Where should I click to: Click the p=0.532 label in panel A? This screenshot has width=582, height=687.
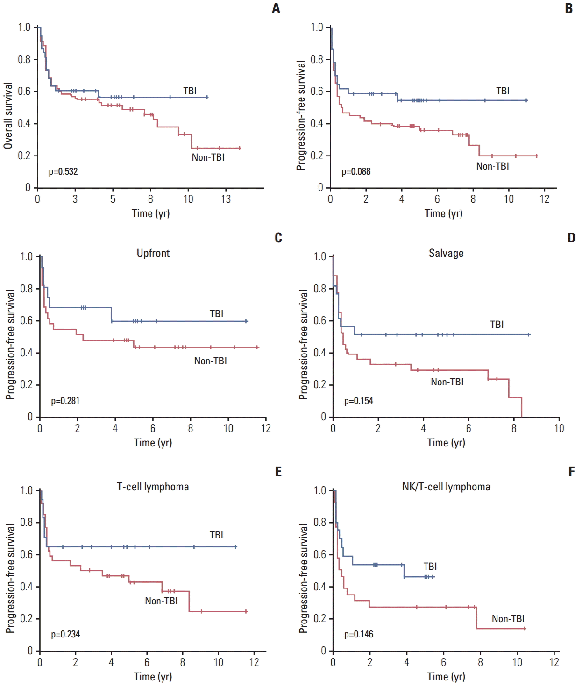pyautogui.click(x=63, y=171)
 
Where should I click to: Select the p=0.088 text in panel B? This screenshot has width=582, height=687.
pyautogui.click(x=356, y=171)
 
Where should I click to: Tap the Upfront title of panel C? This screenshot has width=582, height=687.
pyautogui.click(x=153, y=253)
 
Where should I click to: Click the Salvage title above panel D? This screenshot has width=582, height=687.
pyautogui.click(x=446, y=253)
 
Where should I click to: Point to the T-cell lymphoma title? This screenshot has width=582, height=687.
pyautogui.click(x=153, y=487)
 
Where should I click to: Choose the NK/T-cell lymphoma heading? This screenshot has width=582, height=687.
pyautogui.click(x=446, y=487)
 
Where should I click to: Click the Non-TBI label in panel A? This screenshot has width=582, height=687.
pyautogui.click(x=208, y=157)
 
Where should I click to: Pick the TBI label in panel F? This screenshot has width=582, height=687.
pyautogui.click(x=430, y=566)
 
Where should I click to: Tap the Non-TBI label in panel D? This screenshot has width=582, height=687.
pyautogui.click(x=447, y=382)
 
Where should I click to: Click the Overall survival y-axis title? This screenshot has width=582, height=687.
pyautogui.click(x=8, y=115)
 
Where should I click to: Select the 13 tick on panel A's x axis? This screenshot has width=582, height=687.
pyautogui.click(x=226, y=199)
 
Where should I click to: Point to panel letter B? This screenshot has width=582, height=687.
pyautogui.click(x=568, y=8)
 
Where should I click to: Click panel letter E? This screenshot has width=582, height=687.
pyautogui.click(x=278, y=472)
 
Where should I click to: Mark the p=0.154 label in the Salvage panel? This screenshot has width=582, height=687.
pyautogui.click(x=358, y=401)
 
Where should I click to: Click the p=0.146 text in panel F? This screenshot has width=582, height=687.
pyautogui.click(x=358, y=634)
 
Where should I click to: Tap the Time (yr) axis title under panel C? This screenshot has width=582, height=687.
pyautogui.click(x=153, y=443)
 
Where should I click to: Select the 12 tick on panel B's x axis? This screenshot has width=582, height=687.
pyautogui.click(x=545, y=199)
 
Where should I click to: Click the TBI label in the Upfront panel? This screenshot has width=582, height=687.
pyautogui.click(x=216, y=313)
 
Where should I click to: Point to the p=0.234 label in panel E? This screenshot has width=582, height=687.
pyautogui.click(x=65, y=634)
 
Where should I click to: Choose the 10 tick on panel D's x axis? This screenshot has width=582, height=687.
pyautogui.click(x=559, y=428)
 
